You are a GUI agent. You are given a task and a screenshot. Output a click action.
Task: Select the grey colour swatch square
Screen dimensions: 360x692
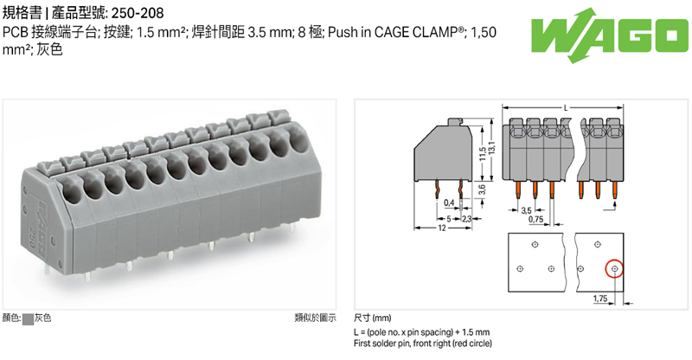(29, 318)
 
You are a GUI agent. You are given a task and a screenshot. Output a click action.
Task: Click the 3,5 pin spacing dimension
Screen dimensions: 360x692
(526, 210)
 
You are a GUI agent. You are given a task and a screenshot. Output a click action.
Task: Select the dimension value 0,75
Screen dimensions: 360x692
(536, 221)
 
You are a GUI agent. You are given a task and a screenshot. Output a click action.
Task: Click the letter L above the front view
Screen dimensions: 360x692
(565, 107)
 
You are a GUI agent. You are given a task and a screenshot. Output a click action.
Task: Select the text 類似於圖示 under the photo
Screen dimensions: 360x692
(315, 318)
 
